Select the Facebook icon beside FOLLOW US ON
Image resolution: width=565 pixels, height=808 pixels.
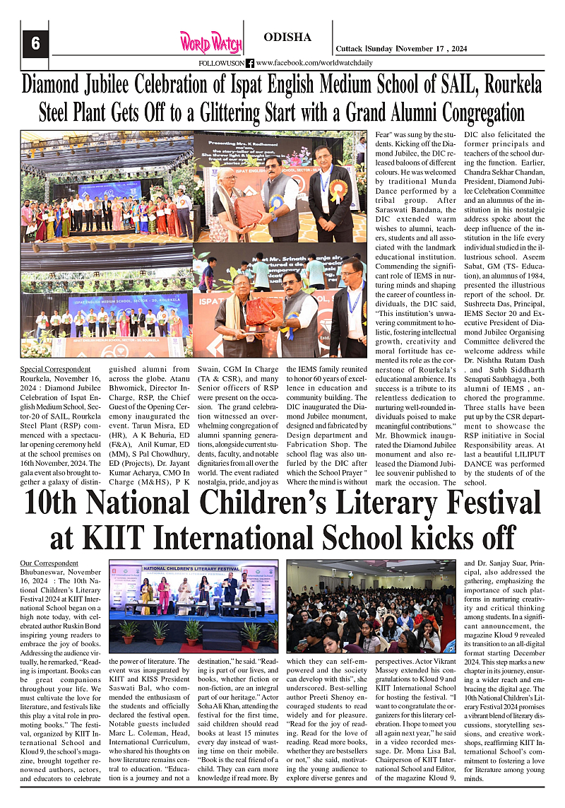249,64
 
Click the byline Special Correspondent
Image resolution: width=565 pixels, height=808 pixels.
55,369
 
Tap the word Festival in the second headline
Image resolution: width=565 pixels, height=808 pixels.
475,505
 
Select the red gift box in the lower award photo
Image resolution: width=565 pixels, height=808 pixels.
263,311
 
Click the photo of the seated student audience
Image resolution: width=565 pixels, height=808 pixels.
371,607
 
